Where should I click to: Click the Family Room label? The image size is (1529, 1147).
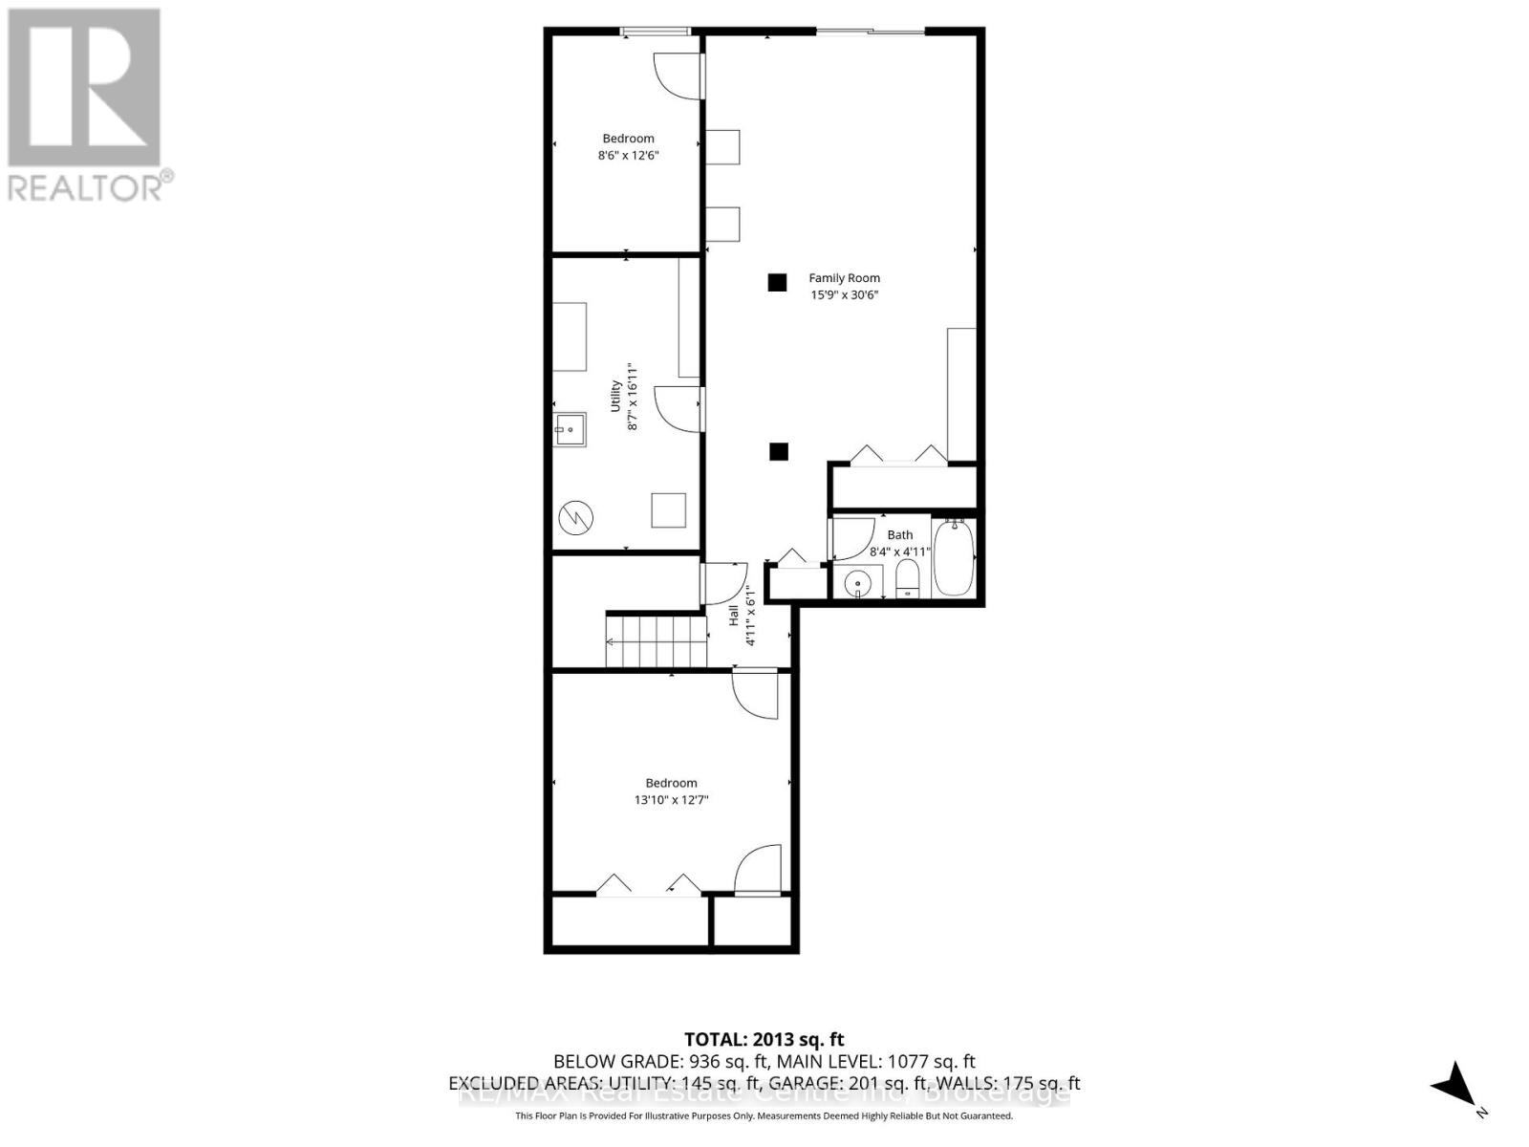844,278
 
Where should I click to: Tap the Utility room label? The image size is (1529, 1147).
616,397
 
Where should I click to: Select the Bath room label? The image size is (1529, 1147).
899,535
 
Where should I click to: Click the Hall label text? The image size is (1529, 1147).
734,616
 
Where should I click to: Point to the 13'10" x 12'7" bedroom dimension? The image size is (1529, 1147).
671,800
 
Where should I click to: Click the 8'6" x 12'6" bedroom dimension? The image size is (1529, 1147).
628,155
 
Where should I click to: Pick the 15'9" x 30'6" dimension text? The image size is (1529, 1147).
844,295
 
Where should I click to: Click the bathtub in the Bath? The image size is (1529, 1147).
953,558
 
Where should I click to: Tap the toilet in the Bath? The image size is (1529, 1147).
907,578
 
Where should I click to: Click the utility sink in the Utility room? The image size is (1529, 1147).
571,429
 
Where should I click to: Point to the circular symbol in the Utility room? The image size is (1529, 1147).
576,518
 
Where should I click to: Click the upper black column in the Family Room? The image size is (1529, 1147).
777,282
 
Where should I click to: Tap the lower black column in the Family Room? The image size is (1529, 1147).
779,451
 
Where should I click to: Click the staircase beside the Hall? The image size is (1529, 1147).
657,641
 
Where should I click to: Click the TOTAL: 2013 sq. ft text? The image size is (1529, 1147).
764,1039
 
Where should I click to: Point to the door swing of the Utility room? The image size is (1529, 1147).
677,408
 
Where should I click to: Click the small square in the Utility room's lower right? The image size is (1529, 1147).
669,509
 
